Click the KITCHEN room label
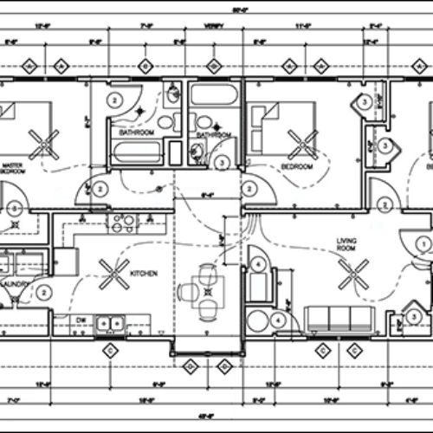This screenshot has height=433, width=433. tap(143, 275)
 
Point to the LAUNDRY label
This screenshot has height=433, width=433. tap(15, 283)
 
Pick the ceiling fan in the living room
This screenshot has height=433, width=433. tap(354, 276)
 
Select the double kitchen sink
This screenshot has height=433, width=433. tap(109, 324)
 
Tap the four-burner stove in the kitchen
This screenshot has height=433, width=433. tap(120, 223)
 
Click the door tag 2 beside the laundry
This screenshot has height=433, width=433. tap(43, 293)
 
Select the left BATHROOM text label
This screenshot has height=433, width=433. tap(137, 132)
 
